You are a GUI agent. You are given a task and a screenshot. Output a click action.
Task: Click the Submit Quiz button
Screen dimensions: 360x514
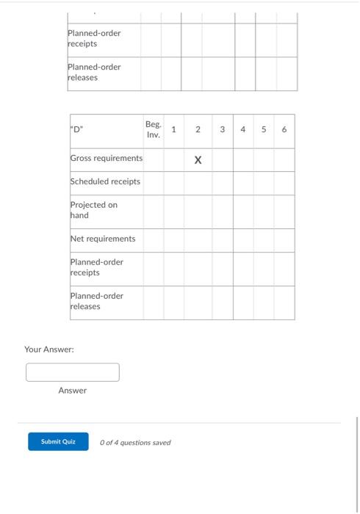58,442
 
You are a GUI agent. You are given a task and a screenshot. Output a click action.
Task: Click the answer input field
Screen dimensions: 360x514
73,372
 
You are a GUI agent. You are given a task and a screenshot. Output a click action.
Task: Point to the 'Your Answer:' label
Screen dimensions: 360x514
49,350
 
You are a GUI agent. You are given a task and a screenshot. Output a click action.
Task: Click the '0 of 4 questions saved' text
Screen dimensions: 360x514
135,443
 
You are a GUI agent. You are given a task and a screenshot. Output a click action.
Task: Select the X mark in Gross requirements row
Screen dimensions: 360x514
198,159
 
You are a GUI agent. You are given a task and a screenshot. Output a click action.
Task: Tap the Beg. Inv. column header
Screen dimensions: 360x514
153,130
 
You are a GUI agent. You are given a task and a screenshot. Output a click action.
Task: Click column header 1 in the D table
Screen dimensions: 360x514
173,130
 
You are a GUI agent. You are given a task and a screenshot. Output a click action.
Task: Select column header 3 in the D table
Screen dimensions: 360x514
223,130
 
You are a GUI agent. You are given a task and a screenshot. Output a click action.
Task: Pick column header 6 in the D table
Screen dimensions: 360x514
284,130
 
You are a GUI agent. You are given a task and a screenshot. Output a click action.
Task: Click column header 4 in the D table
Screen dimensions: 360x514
243,130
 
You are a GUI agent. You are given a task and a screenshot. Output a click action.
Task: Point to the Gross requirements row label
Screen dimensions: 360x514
107,159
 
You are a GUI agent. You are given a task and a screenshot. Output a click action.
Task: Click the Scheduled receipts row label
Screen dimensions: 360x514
105,181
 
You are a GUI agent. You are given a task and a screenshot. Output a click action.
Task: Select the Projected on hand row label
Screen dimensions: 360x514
93,210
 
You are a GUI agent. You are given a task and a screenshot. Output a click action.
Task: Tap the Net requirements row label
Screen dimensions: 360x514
103,239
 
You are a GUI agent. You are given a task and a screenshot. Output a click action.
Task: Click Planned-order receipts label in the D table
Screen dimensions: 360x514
96,267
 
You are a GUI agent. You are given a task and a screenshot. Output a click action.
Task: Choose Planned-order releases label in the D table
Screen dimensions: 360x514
96,301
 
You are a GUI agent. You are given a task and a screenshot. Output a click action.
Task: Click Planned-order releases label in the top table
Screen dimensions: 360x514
94,72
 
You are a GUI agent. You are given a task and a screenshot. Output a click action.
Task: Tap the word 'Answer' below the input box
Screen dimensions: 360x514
73,391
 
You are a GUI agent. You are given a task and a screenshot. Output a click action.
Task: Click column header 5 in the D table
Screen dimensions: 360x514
264,130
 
